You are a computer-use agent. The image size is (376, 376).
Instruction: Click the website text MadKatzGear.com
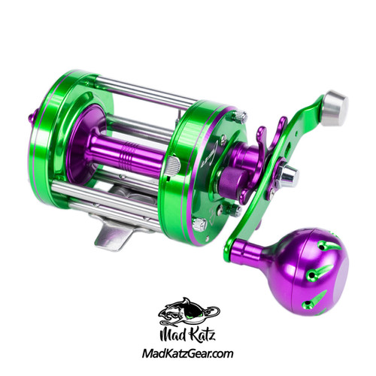187,354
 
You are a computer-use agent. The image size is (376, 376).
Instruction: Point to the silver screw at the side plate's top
238,117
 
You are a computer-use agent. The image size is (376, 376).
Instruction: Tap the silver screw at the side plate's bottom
201,223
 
